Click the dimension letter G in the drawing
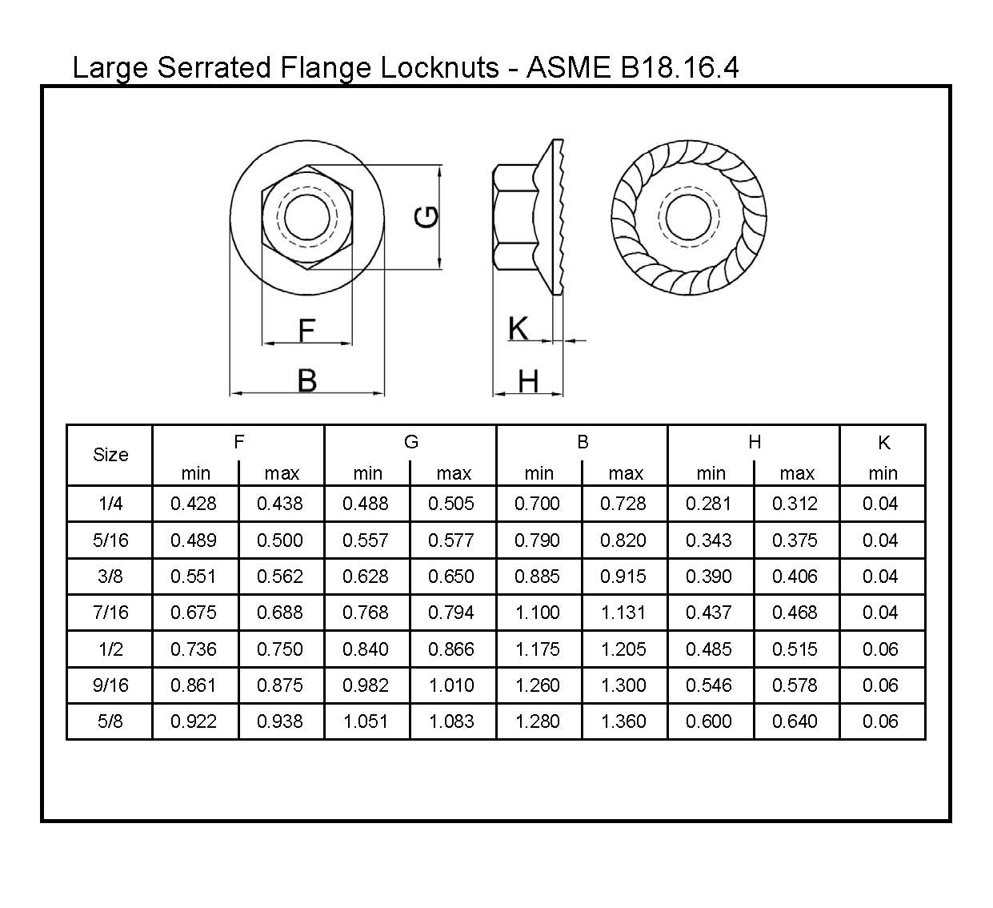427,217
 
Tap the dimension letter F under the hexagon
306,330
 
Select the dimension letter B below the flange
306,380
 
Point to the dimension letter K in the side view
519,328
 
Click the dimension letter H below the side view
528,381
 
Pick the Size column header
110,455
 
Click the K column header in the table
883,443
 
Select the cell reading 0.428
194,504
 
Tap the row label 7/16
110,613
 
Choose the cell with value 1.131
623,613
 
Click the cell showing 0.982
366,685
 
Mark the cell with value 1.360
623,721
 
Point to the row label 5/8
110,721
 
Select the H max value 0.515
795,649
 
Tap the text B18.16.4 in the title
679,67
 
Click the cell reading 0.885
537,577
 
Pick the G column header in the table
410,442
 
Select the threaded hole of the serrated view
688,216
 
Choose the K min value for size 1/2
880,649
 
